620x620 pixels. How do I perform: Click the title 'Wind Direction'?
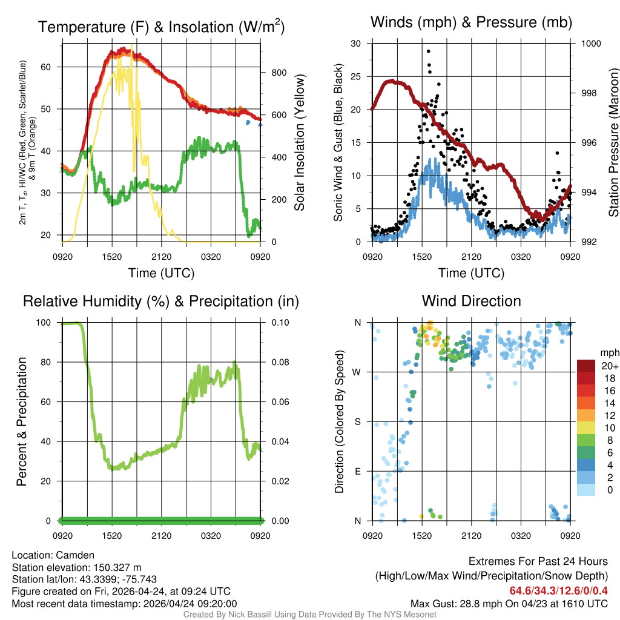click(x=471, y=301)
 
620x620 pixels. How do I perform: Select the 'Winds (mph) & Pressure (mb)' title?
click(x=471, y=23)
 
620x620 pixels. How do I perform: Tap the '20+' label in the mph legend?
click(x=608, y=365)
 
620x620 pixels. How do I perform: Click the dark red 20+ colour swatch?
click(x=586, y=365)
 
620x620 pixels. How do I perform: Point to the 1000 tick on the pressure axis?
click(x=590, y=44)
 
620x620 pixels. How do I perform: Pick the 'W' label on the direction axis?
click(x=358, y=372)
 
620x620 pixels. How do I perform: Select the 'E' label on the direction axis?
click(x=358, y=471)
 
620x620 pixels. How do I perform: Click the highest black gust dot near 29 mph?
click(x=428, y=51)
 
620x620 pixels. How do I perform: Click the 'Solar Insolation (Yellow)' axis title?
click(x=299, y=143)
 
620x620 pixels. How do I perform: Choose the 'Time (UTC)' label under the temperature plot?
click(x=161, y=273)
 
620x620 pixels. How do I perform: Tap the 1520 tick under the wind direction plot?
click(x=421, y=535)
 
